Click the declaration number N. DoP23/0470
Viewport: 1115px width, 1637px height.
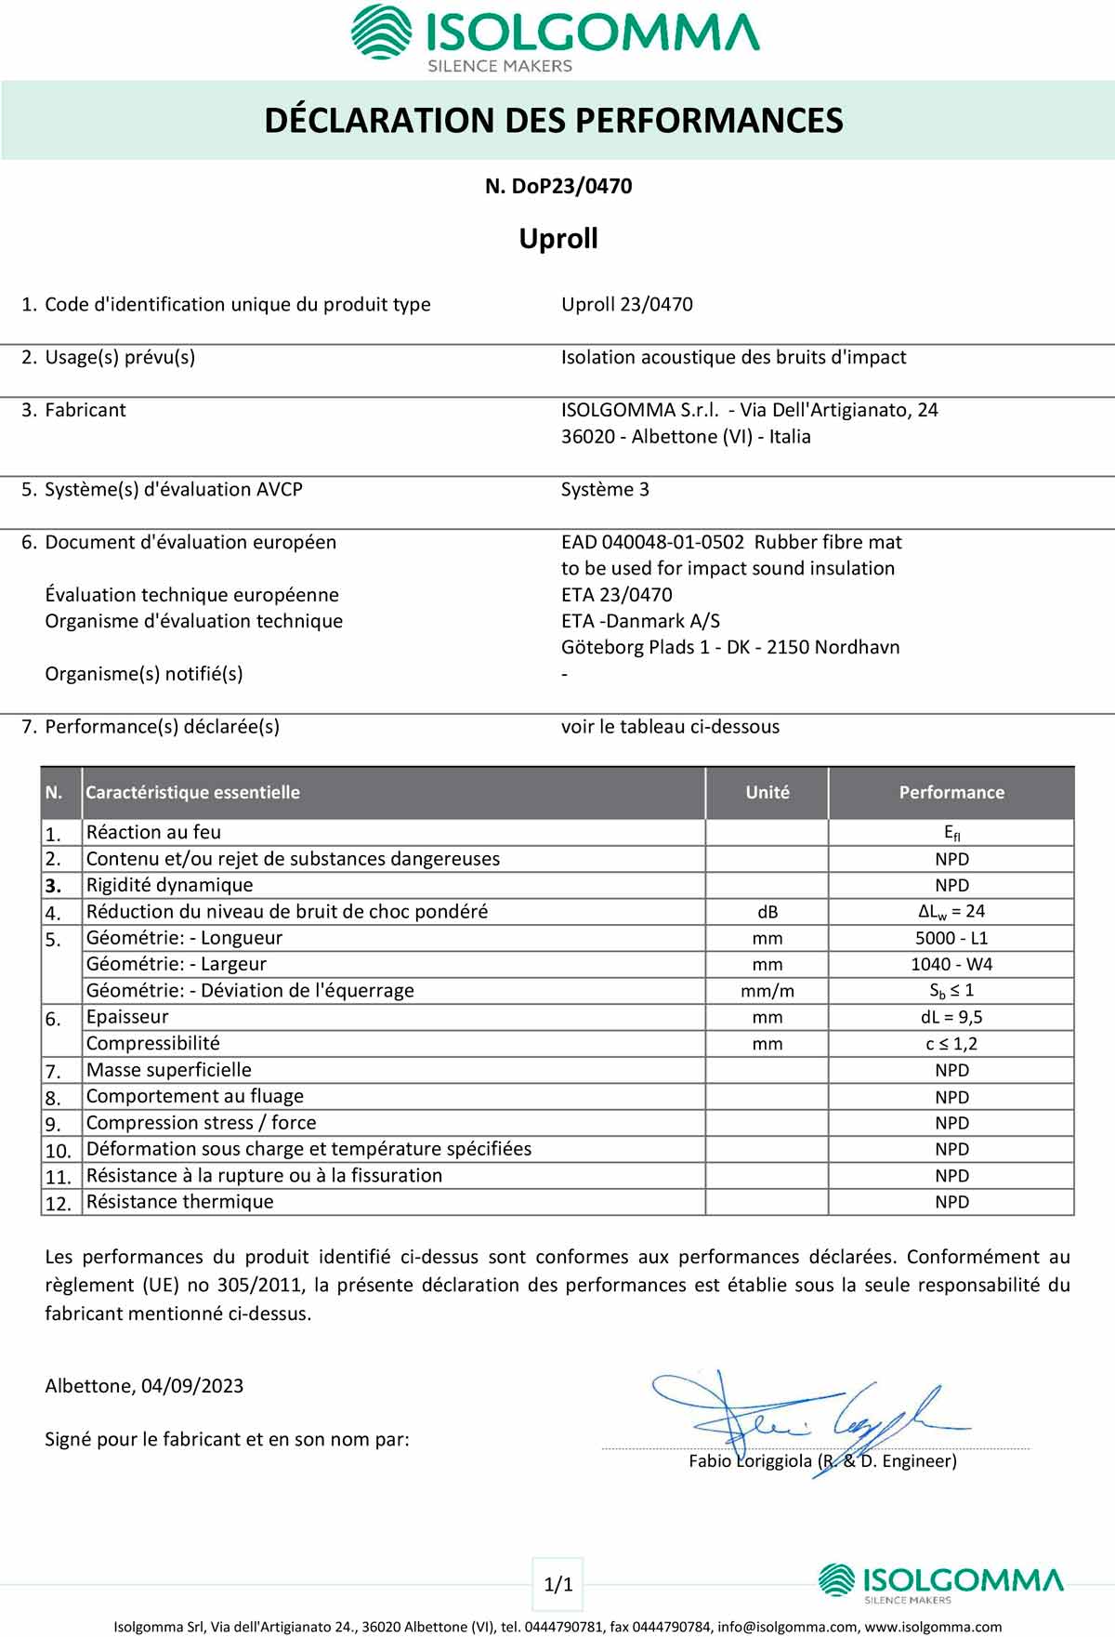click(x=558, y=186)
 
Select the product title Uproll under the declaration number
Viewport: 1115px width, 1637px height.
click(x=558, y=239)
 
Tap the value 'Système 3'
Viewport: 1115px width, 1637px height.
click(x=605, y=490)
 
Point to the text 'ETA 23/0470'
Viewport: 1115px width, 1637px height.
click(x=616, y=595)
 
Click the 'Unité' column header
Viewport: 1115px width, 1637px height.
click(x=767, y=793)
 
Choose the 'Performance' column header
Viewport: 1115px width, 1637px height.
click(x=951, y=793)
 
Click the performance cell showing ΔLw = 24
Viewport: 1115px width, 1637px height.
click(x=951, y=912)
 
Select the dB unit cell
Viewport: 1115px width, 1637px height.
click(x=767, y=913)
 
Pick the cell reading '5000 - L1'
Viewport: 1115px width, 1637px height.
click(x=951, y=939)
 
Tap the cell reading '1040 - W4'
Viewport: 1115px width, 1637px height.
click(x=951, y=965)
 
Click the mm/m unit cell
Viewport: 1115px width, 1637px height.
click(x=767, y=992)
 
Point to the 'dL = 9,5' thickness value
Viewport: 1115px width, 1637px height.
click(x=951, y=1018)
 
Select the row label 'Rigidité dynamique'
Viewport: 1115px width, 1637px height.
click(x=169, y=886)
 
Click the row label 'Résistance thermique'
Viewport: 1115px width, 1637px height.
click(x=179, y=1202)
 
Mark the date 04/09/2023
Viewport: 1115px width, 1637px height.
click(x=192, y=1386)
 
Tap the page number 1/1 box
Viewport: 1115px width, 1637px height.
click(x=558, y=1584)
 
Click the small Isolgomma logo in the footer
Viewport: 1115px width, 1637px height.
click(x=939, y=1583)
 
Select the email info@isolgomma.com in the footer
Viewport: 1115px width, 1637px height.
click(x=788, y=1627)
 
